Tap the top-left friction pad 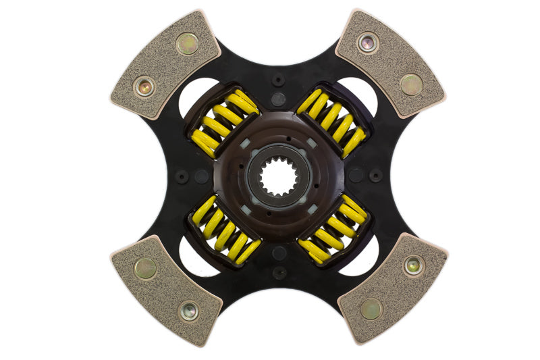[164, 65]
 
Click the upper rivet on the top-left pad [187, 44]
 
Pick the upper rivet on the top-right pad [368, 43]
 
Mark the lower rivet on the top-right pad [411, 84]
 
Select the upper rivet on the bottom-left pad [144, 269]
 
